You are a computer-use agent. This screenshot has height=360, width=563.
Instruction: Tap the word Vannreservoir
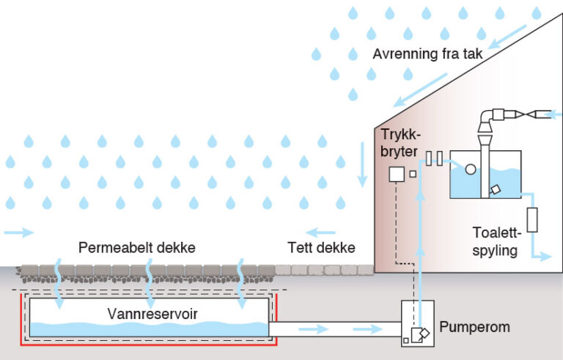(x=147, y=314)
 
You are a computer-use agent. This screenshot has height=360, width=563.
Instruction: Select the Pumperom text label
(x=476, y=327)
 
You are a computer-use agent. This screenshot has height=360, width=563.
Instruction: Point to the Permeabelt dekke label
(x=137, y=248)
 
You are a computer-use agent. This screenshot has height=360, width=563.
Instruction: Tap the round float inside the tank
(x=471, y=169)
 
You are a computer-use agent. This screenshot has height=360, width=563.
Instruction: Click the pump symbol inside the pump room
(x=421, y=334)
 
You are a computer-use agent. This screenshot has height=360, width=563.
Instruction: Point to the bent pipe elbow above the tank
(x=489, y=119)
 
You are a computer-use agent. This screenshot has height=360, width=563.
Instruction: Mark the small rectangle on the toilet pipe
(x=533, y=220)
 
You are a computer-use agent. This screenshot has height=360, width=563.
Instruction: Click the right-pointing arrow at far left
(x=20, y=232)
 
